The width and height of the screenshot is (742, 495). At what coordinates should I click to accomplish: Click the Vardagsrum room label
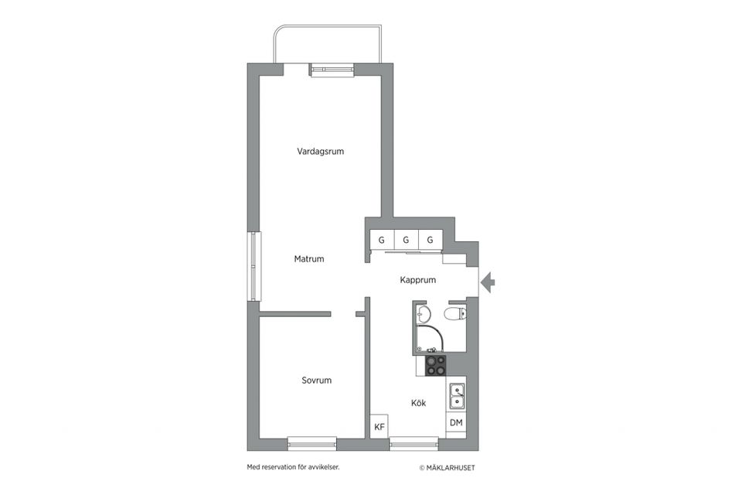click(320, 152)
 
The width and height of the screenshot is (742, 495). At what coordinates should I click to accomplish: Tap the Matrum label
click(308, 259)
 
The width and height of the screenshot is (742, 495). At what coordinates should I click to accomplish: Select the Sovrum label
click(316, 381)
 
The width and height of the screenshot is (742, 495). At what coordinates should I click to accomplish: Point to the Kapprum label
click(418, 280)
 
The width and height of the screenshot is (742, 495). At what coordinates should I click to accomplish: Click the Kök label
click(418, 403)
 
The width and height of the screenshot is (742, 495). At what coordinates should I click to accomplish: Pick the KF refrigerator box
click(379, 428)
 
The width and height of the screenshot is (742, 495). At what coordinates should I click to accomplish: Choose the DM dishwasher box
click(456, 423)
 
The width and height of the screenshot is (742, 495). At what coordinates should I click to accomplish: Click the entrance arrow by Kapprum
click(488, 283)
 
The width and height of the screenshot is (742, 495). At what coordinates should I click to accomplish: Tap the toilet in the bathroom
click(454, 313)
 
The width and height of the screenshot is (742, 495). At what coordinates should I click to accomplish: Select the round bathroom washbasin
click(423, 313)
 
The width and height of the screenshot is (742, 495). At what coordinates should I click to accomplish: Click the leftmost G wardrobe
click(381, 241)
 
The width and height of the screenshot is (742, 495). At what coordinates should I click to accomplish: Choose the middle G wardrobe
click(406, 241)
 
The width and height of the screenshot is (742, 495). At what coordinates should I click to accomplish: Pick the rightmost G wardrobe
click(430, 241)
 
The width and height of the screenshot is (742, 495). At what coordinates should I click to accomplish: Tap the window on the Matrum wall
click(253, 267)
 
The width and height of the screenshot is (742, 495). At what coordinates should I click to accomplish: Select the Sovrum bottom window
click(311, 443)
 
